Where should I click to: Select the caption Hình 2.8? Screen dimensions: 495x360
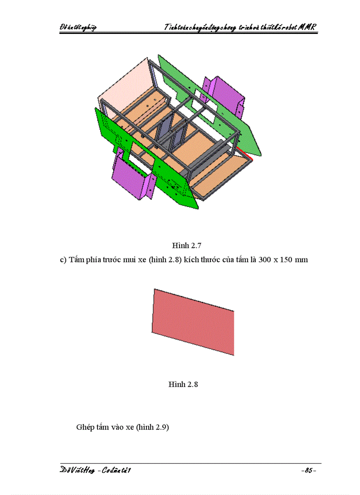pos(183,384)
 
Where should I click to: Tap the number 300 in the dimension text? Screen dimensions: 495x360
pos(264,260)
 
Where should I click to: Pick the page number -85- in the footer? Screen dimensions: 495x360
pos(308,471)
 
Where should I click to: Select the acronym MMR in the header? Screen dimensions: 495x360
pos(307,27)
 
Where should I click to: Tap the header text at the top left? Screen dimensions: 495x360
pos(78,27)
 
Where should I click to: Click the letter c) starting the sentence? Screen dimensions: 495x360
pos(63,260)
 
